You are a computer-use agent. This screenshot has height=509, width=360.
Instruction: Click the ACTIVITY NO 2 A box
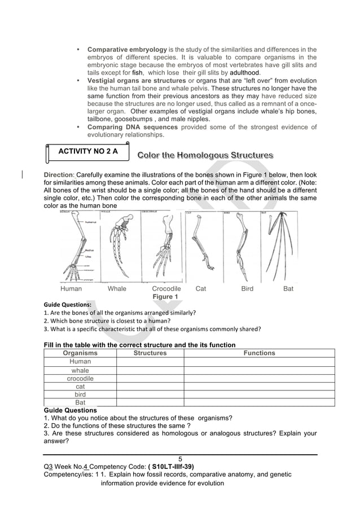[85, 152]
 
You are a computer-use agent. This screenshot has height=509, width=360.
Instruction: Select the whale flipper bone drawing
[119, 246]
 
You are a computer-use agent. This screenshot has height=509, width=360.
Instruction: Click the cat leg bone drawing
[201, 246]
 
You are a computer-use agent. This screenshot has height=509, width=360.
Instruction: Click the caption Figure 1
[165, 297]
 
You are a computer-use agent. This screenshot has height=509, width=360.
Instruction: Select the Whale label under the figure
[117, 288]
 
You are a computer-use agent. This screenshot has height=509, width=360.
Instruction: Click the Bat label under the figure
[288, 288]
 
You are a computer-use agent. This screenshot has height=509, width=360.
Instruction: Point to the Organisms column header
[80, 353]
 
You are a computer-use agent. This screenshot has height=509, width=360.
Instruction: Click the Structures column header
[150, 353]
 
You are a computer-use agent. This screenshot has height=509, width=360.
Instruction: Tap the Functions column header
[259, 353]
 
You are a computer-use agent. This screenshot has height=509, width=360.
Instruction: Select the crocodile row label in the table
[80, 378]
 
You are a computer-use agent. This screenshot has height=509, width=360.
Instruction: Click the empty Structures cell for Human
[150, 361]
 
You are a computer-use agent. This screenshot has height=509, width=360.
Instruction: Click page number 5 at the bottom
[180, 459]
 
